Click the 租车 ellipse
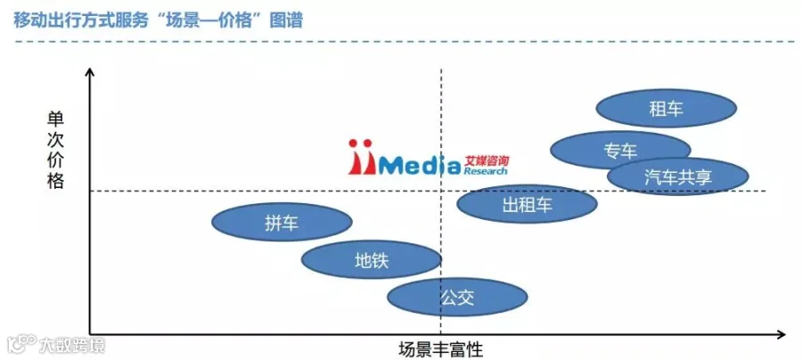click(x=667, y=109)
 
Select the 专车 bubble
click(x=620, y=151)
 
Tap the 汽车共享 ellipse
click(x=678, y=176)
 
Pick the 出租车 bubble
click(x=527, y=205)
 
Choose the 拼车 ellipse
click(x=282, y=222)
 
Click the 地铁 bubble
click(x=372, y=260)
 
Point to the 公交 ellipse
click(x=457, y=297)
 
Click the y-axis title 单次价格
click(x=55, y=151)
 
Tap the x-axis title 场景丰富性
click(x=441, y=350)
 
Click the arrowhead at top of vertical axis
click(x=90, y=71)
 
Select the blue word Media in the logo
click(x=419, y=165)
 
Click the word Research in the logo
click(x=486, y=171)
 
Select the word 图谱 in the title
click(x=287, y=20)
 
